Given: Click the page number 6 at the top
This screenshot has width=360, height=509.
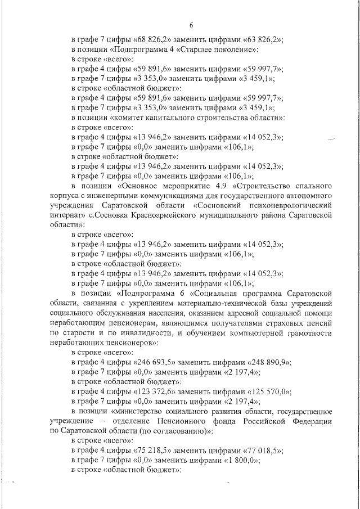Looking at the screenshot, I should pos(191,25).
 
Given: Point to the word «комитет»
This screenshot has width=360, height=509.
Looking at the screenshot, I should pos(132,118).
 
